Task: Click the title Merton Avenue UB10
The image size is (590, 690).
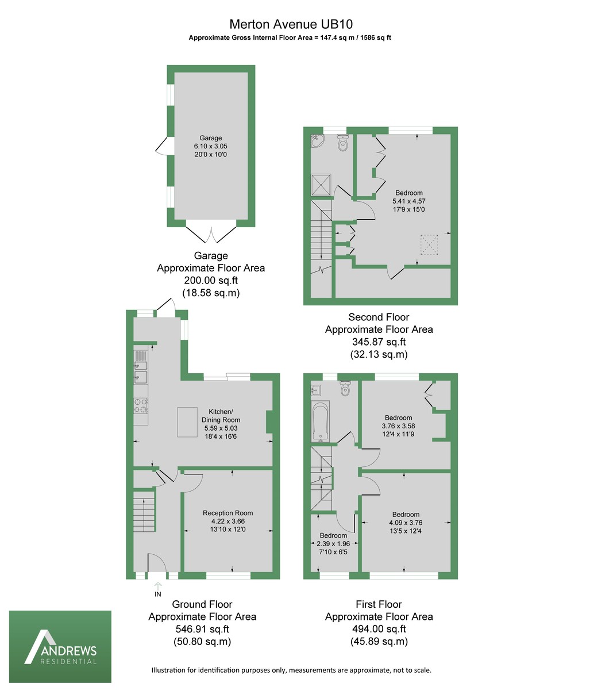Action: pyautogui.click(x=291, y=24)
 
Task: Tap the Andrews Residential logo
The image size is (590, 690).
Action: pyautogui.click(x=60, y=646)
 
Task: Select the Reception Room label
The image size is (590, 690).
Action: pyautogui.click(x=227, y=513)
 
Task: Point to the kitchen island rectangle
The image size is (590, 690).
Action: pyautogui.click(x=187, y=422)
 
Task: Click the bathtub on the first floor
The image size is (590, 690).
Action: pyautogui.click(x=320, y=421)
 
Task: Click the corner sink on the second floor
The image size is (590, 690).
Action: pyautogui.click(x=316, y=140)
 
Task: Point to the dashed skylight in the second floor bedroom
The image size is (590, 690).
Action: pyautogui.click(x=429, y=244)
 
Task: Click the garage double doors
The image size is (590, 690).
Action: pyautogui.click(x=211, y=232)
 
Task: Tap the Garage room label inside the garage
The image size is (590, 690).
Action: pyautogui.click(x=211, y=138)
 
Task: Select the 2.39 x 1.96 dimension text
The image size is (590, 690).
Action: pyautogui.click(x=333, y=543)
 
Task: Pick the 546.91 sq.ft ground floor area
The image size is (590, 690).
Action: pyautogui.click(x=202, y=629)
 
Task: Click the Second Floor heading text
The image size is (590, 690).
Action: pyautogui.click(x=379, y=317)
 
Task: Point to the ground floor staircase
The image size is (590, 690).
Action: pyautogui.click(x=144, y=511)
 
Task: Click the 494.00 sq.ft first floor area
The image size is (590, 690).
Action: pyautogui.click(x=379, y=629)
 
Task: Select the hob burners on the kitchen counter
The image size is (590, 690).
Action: pyautogui.click(x=140, y=406)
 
